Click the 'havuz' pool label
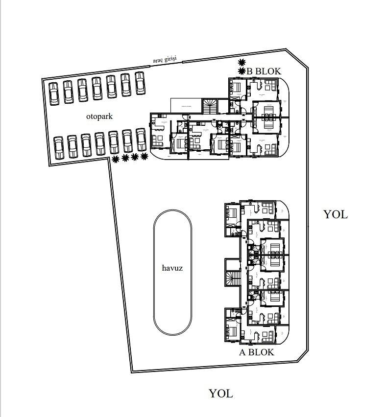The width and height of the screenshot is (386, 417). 172,268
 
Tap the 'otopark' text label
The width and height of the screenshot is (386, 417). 99,116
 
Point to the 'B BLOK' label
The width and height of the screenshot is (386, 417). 264,71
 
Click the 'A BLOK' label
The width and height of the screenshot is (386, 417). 256,352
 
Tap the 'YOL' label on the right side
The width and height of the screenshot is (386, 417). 336,214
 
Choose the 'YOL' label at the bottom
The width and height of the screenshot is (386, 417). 221,393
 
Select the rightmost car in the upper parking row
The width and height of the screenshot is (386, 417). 140,83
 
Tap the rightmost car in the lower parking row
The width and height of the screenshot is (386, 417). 141,140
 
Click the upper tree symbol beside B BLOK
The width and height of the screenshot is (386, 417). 241,62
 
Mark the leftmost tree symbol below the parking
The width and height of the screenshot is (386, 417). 116,159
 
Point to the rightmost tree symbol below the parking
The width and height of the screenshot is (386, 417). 144,156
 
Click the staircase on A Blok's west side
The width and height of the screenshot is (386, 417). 233,278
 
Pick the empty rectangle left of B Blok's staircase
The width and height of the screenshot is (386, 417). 186,105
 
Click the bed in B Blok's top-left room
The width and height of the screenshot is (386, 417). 236,88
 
